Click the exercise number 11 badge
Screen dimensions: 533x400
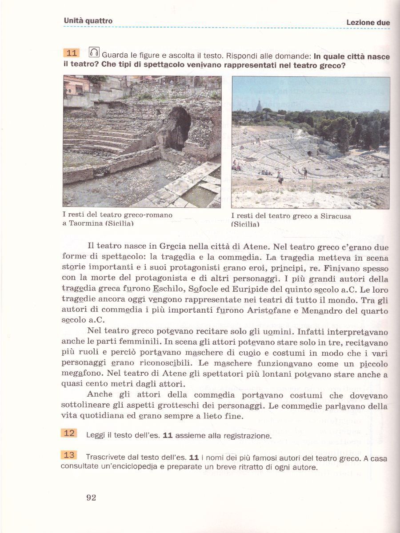[x=71, y=53]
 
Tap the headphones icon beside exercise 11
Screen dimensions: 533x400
[x=94, y=52]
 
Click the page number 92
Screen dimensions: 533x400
[x=91, y=497]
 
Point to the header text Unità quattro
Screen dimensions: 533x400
[x=88, y=20]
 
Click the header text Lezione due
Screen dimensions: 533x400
[x=368, y=23]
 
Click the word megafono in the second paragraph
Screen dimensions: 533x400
[x=78, y=374]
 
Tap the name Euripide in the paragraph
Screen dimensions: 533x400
[x=251, y=289]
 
